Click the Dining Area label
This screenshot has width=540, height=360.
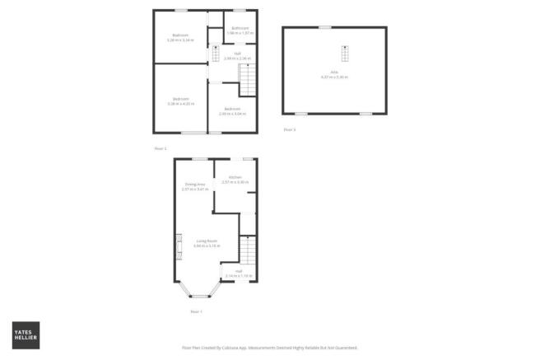click(195, 186)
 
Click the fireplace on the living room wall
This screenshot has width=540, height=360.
click(176, 246)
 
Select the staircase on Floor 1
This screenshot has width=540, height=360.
click(247, 250)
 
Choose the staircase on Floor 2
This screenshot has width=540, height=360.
click(247, 80)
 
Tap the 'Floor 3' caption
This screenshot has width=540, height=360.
click(288, 130)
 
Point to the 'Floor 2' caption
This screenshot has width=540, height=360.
click(161, 148)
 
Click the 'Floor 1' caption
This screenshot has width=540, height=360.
click(196, 311)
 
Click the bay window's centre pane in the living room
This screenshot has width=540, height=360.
click(198, 295)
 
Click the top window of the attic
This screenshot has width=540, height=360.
click(325, 27)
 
